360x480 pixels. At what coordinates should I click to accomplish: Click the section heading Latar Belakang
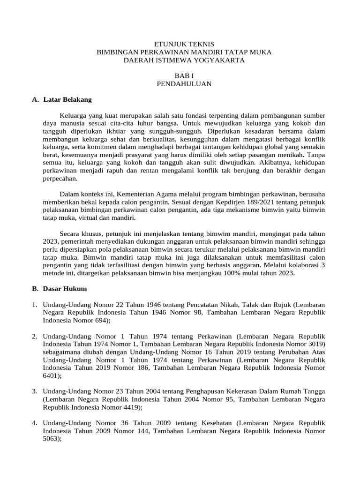(67, 100)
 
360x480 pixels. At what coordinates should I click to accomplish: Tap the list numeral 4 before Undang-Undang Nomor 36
(35, 424)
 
